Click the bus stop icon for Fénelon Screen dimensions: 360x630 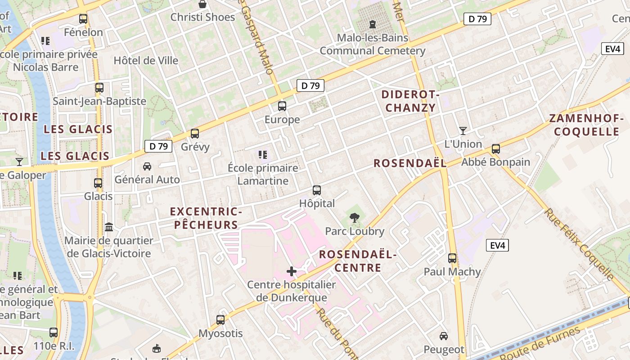pos(83,19)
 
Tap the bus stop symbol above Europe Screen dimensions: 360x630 pos(282,106)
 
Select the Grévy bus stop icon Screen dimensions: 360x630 pos(195,134)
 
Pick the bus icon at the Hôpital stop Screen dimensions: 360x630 pos(317,190)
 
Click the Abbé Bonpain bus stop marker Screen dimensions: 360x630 pos(496,149)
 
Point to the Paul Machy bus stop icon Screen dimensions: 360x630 pos(452,258)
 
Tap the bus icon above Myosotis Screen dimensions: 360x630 pos(220,320)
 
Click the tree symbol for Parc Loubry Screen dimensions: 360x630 pos(355,218)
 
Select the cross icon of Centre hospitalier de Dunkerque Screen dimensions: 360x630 pos(292,271)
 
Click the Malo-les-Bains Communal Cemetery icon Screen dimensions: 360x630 pos(373,24)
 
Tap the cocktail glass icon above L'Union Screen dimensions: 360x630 pos(463,131)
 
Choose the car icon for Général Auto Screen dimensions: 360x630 pos(147,166)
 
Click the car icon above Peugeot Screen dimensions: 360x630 pos(444,336)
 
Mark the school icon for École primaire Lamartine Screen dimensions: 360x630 pos(263,155)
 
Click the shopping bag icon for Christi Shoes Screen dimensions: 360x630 pos(203,4)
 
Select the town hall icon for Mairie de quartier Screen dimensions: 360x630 pos(109,227)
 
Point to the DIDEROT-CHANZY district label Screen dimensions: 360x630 pos(410,101)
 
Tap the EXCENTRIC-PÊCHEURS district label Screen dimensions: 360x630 pos(206,218)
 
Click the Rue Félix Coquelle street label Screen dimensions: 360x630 pos(580,244)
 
